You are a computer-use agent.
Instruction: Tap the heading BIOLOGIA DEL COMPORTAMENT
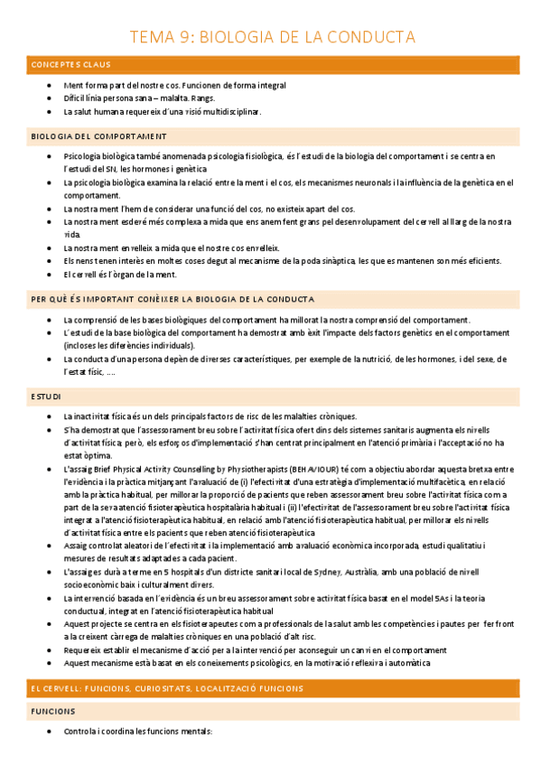point(98,136)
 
